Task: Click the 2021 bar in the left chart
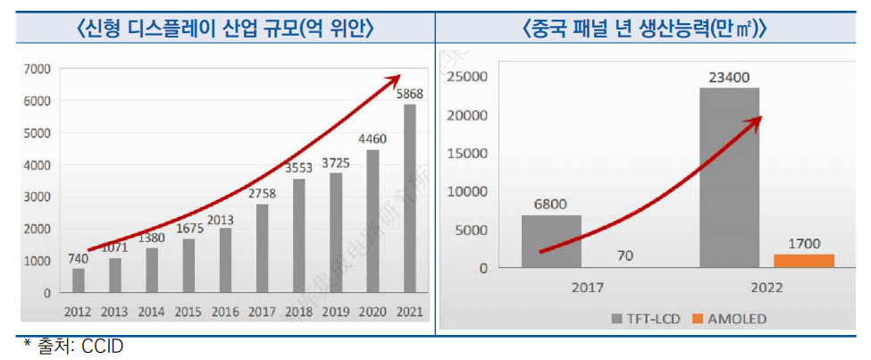410,198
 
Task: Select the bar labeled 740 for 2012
79,280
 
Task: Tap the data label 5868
410,94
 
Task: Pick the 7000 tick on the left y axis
37,69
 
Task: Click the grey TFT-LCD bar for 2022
729,177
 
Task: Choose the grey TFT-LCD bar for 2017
551,241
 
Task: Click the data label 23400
729,77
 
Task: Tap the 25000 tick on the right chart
469,77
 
